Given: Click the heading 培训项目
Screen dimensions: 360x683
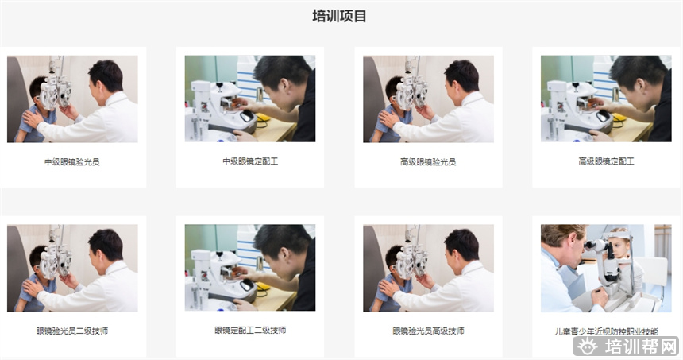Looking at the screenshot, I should coord(340,17).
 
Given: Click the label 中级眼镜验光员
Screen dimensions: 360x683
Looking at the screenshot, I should coord(72,162).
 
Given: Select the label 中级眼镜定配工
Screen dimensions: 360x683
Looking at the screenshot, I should coord(250,162).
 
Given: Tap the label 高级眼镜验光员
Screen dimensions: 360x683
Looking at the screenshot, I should coord(428,162).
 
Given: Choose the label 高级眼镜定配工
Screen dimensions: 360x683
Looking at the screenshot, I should coord(607,162).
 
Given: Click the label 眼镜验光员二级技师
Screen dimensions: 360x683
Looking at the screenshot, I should coord(72,331).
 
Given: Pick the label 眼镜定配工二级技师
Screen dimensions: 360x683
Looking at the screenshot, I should coord(250,331).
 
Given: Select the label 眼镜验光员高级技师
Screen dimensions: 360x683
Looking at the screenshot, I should coord(428,331).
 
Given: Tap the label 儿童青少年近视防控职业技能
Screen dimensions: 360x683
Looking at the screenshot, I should coord(607,331).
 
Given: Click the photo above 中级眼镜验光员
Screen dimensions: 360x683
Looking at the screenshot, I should coord(72,99).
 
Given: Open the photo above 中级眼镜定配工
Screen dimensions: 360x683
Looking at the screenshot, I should coord(250,99).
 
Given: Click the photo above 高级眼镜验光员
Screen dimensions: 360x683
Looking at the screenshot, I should coord(428,99).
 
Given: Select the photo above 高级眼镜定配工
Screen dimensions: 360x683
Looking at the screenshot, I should coord(607,99).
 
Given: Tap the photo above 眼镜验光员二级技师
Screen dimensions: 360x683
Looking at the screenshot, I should coord(72,268).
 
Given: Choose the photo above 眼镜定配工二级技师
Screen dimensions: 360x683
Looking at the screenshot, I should coord(250,268).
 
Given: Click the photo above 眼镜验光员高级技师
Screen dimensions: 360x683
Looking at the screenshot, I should coord(428,268).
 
